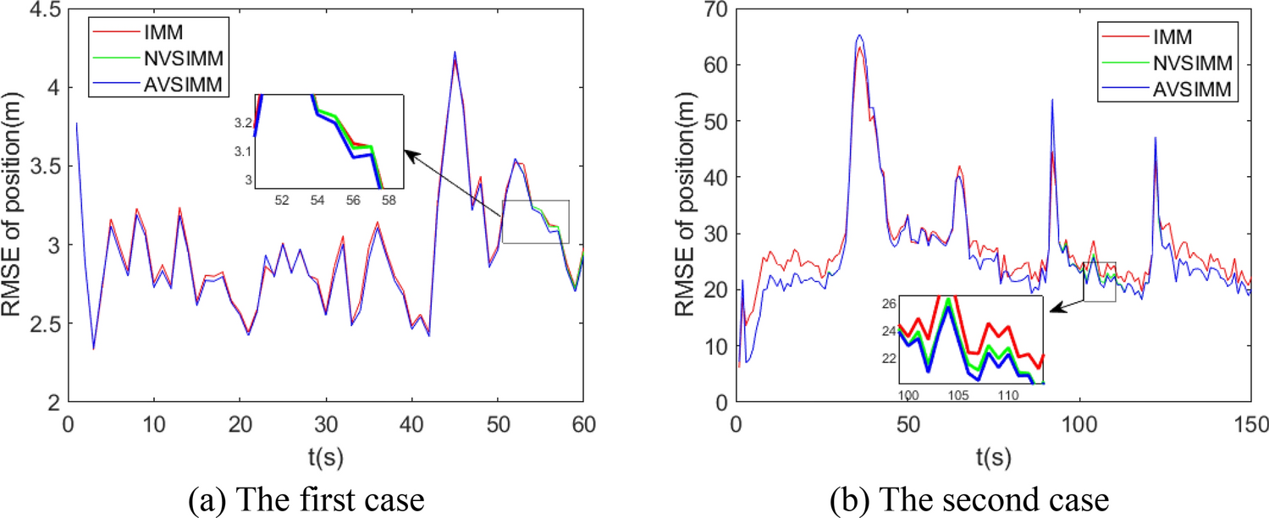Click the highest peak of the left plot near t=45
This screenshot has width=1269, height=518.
[x=455, y=52]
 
